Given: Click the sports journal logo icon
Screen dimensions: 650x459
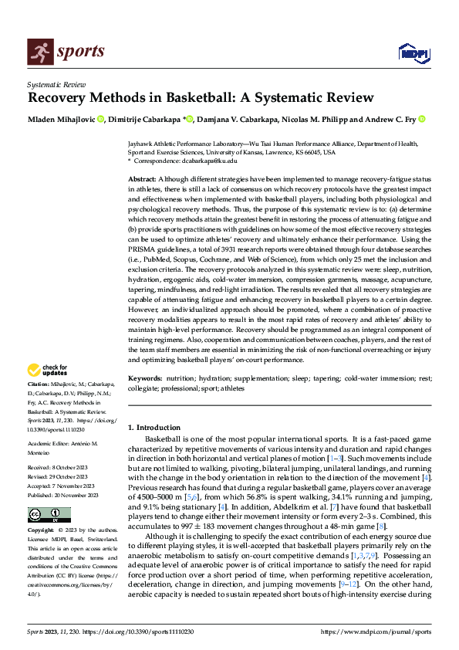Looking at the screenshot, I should (x=39, y=52).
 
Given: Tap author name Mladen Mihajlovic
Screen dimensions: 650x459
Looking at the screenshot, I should (x=62, y=120).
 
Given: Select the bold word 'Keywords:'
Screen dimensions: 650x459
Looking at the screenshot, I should (x=145, y=378).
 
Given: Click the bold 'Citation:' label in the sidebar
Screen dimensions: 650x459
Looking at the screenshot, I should (x=39, y=384).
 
